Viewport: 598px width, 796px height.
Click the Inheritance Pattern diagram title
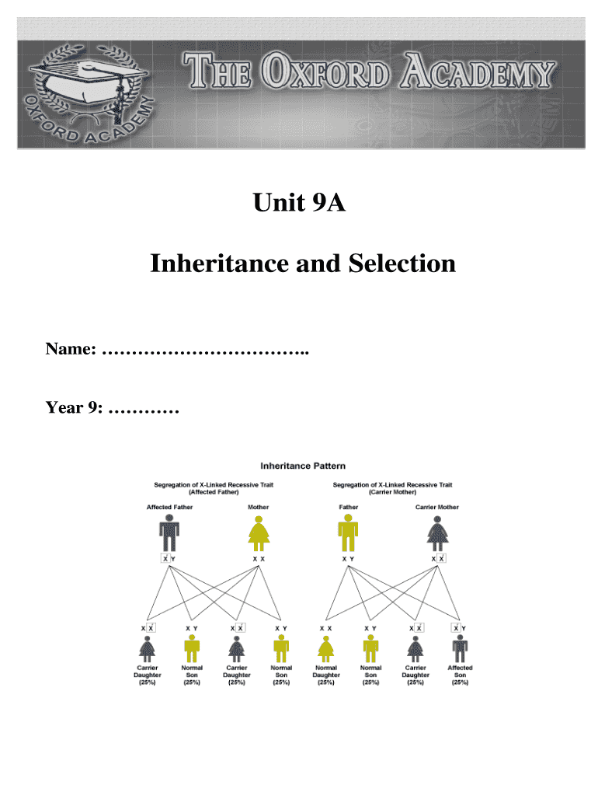click(303, 466)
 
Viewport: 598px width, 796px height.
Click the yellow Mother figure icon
click(258, 535)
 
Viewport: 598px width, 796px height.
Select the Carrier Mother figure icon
click(437, 535)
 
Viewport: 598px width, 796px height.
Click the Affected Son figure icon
click(460, 648)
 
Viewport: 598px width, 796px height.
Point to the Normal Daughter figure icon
click(326, 648)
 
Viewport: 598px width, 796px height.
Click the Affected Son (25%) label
click(460, 675)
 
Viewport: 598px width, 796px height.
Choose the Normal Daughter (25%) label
click(326, 675)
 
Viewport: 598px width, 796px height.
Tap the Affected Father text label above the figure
click(170, 508)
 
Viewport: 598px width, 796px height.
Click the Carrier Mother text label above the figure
click(437, 508)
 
